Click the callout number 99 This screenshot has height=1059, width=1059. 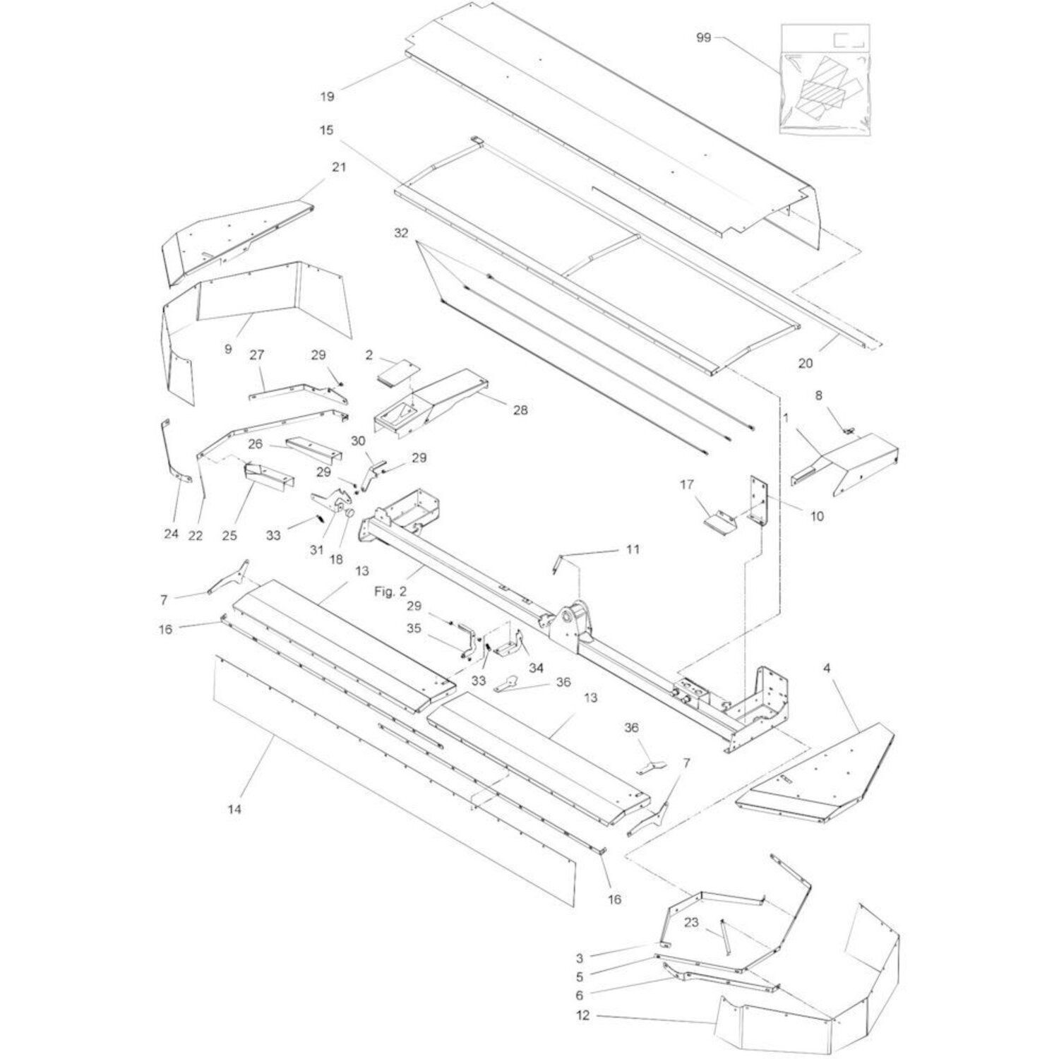click(x=704, y=38)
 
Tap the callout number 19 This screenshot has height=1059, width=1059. click(x=327, y=97)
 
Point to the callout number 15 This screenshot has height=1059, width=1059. click(x=326, y=131)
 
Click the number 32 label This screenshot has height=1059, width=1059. click(x=401, y=234)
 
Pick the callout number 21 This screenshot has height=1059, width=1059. click(x=340, y=167)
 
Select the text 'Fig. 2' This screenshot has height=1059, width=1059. click(x=385, y=592)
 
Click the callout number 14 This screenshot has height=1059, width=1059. click(x=234, y=810)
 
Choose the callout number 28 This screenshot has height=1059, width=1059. click(x=520, y=410)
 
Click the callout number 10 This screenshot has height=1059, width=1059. click(x=816, y=517)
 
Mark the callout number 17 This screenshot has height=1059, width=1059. click(x=687, y=484)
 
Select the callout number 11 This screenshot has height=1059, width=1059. click(x=633, y=549)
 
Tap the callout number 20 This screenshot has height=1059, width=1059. click(x=805, y=364)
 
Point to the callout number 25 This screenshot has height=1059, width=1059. click(x=229, y=536)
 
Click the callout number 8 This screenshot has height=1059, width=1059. click(x=819, y=395)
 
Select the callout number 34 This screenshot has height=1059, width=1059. click(x=537, y=668)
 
